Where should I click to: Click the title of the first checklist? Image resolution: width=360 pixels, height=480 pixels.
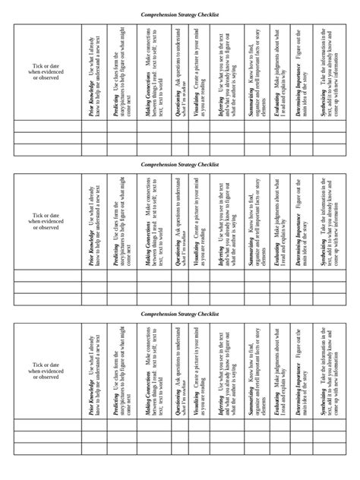coord(180,14)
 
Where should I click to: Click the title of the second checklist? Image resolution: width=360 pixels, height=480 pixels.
coord(180,163)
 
